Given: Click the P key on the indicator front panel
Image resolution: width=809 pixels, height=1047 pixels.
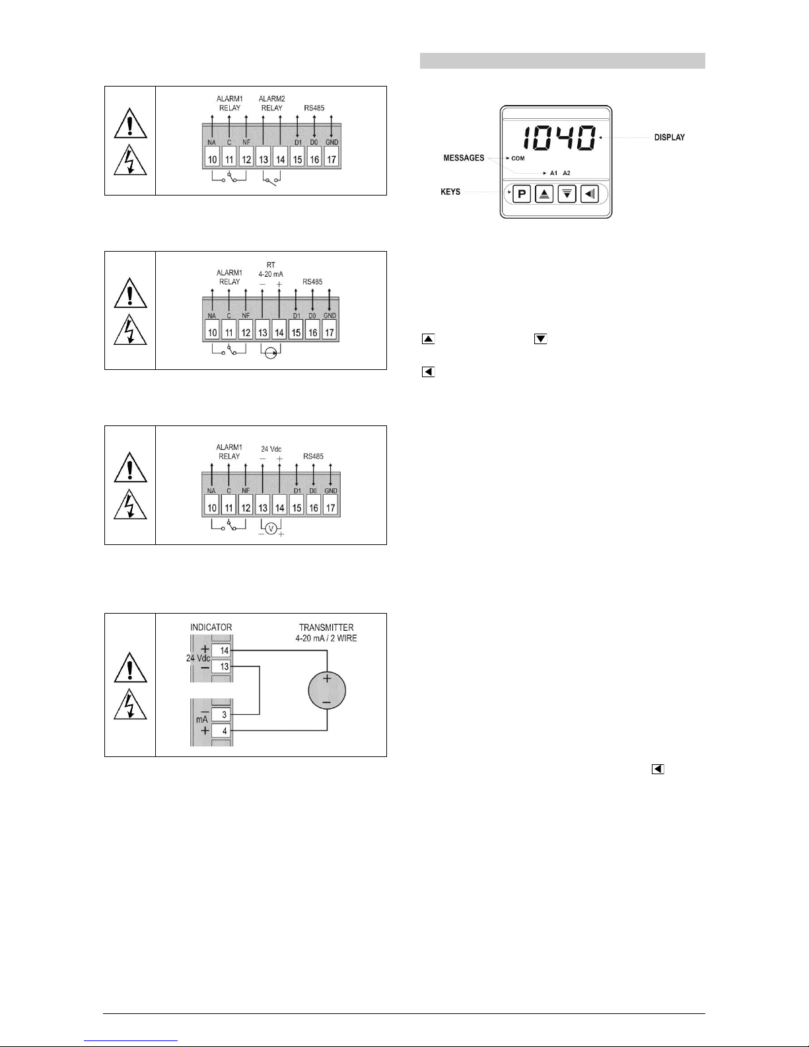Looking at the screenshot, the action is coord(522,194).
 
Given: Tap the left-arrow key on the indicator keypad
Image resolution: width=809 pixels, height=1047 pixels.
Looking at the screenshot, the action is coord(589,194).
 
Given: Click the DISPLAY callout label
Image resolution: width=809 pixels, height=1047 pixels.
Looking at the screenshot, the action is coord(670,137).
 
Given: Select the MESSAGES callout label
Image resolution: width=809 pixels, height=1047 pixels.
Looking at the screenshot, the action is coord(464,158).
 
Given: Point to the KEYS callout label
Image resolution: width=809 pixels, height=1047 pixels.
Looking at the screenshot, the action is coord(450,192).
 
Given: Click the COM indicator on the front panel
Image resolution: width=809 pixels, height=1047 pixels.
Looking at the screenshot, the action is coord(518,159).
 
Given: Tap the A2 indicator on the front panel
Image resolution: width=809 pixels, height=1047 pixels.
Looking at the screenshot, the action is coord(567,173).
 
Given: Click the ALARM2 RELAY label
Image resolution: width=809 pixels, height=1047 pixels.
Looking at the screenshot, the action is coord(271,103).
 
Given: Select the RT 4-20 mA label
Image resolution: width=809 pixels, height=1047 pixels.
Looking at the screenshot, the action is coord(271,270).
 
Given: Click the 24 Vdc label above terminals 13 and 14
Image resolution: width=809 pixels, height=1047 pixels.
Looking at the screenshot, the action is coord(271,449).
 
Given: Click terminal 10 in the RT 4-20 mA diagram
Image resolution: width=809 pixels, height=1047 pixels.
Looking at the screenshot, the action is coord(213,332).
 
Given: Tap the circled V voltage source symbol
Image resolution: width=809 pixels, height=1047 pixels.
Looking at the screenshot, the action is coord(271,529).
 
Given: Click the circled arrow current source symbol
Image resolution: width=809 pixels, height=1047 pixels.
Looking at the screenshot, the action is coord(271,353).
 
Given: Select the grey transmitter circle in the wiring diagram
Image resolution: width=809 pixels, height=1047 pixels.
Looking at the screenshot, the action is coord(327,690).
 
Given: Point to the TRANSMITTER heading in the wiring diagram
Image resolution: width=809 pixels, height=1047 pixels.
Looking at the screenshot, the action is coord(326,628).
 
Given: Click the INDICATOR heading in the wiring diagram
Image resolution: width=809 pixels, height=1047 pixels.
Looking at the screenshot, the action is coord(211,628).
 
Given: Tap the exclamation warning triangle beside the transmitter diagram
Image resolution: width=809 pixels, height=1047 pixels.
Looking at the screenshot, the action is coord(131,667).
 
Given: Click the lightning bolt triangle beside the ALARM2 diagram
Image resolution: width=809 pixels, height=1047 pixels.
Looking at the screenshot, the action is coord(131,160).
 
